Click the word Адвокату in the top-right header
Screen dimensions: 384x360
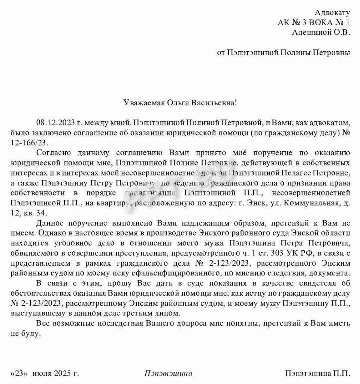[x=332, y=13]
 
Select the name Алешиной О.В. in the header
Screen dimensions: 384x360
[x=321, y=33]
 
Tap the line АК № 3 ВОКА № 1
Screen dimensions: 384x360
[x=314, y=23]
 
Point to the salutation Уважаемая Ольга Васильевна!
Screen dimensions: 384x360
[x=180, y=102]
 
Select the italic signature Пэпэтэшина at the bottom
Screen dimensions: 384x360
[x=168, y=374]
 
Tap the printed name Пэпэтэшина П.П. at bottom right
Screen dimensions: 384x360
[x=318, y=374]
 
